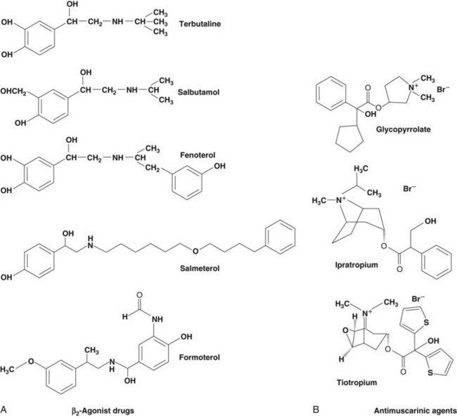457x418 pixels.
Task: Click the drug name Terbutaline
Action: coord(200,24)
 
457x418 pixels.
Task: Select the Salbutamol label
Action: coord(198,92)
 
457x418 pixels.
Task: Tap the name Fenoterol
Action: coord(198,155)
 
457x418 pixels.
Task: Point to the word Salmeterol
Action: coord(200,268)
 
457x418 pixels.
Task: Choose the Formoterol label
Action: coord(200,357)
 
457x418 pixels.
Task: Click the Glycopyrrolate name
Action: coord(403,129)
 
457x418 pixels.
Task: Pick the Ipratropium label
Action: coord(356,265)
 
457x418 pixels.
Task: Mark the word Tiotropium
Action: coord(356,382)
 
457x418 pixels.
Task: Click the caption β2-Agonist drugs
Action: coord(103,411)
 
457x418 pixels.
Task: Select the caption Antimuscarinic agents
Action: coord(416,411)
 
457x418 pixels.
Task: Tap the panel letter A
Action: coord(4,410)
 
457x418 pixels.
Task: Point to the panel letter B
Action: coord(316,410)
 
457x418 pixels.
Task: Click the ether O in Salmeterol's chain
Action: coord(195,251)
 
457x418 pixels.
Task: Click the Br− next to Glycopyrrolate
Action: coord(443,89)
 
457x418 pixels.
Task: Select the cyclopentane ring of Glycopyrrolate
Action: coord(349,138)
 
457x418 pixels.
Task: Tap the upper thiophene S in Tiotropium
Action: coord(426,322)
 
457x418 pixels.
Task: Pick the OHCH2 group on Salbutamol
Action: coord(13,92)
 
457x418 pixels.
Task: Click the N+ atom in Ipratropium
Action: coord(340,200)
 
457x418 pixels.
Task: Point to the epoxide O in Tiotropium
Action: coord(345,331)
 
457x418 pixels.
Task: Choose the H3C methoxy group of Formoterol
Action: coord(8,370)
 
